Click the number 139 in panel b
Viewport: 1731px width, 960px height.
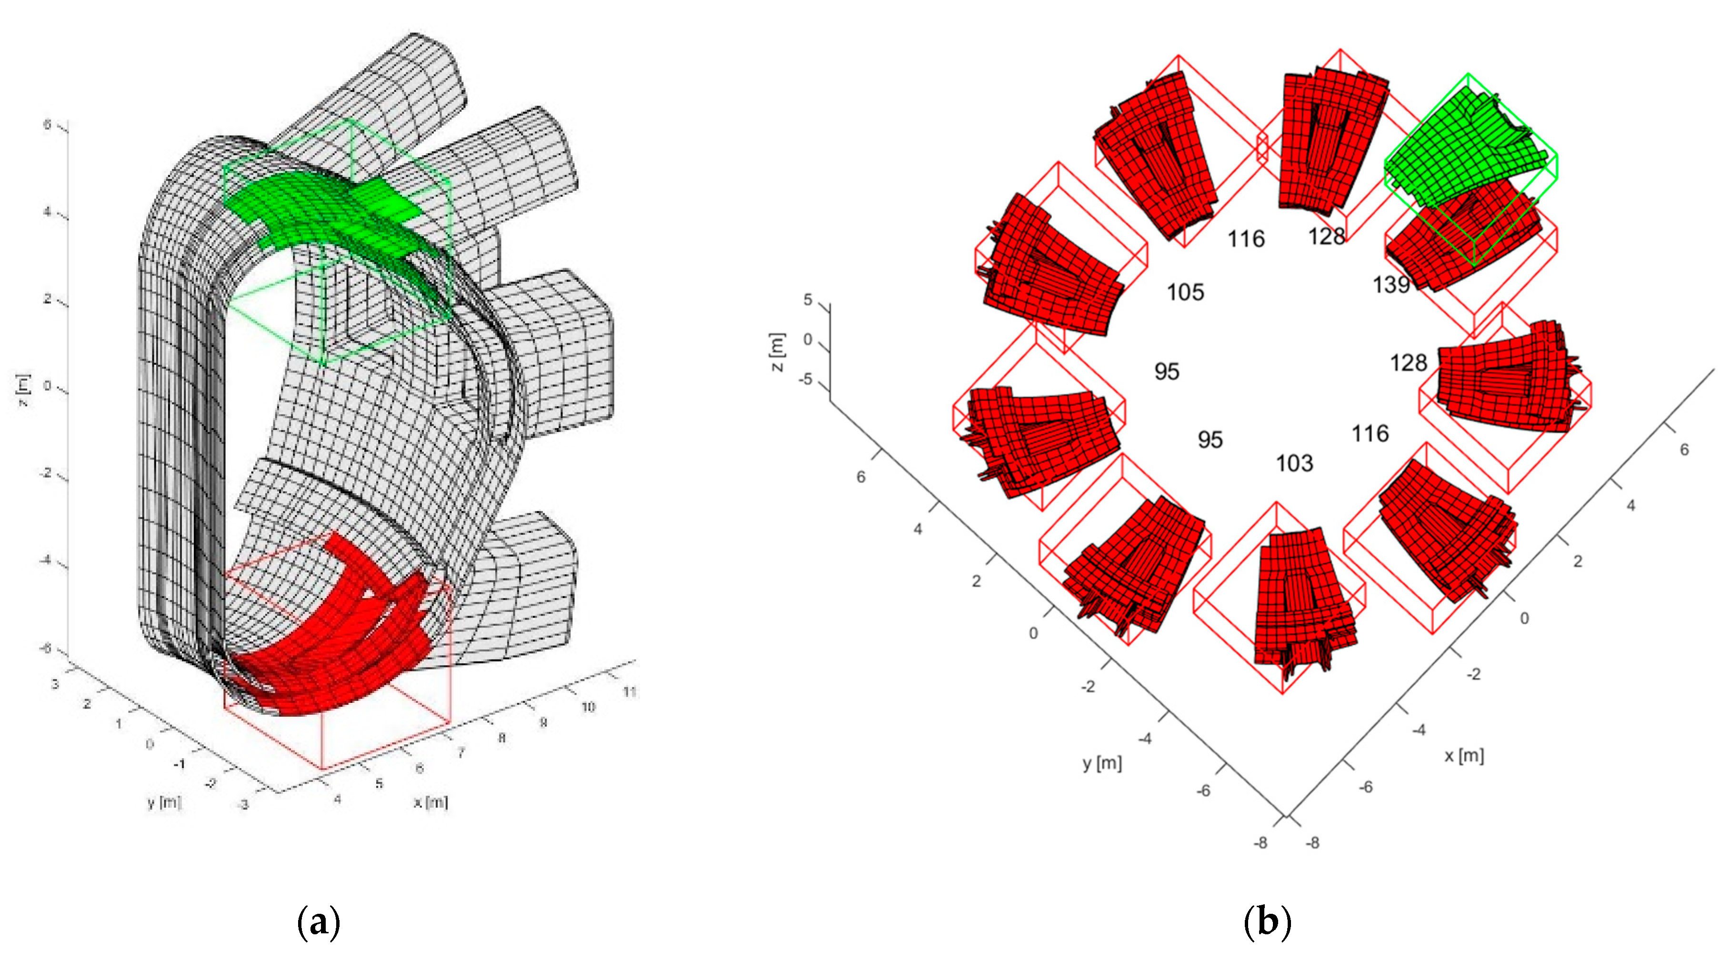pyautogui.click(x=1391, y=285)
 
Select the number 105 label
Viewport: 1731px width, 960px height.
pyautogui.click(x=1185, y=292)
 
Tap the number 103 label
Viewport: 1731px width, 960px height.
pyautogui.click(x=1294, y=463)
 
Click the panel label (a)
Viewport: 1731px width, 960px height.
pyautogui.click(x=319, y=922)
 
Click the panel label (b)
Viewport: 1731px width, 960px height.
pyautogui.click(x=1267, y=922)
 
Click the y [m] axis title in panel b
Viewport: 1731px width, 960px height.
pyautogui.click(x=1102, y=763)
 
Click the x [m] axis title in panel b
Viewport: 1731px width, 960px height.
pyautogui.click(x=1464, y=755)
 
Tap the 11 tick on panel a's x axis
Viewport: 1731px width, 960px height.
pyautogui.click(x=630, y=691)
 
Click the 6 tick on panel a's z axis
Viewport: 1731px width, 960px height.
pyautogui.click(x=47, y=124)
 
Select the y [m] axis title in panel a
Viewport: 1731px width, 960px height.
pyautogui.click(x=164, y=802)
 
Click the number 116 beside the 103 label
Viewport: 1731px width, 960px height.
pyautogui.click(x=1370, y=433)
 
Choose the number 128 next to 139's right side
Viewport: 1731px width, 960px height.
pyautogui.click(x=1409, y=363)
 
